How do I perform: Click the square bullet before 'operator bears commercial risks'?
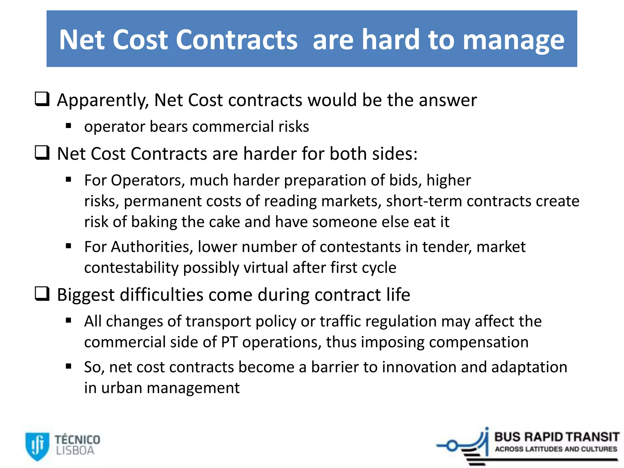(x=69, y=126)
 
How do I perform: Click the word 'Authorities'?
(x=152, y=247)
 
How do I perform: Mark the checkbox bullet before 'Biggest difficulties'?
(x=42, y=293)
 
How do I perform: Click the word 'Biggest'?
(x=86, y=295)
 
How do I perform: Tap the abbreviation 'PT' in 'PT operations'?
(x=229, y=342)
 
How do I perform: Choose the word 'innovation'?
(x=419, y=367)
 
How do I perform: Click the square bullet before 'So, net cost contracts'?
(x=69, y=366)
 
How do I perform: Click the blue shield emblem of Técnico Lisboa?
(x=37, y=446)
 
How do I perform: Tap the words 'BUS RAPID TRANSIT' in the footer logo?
(x=557, y=437)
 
